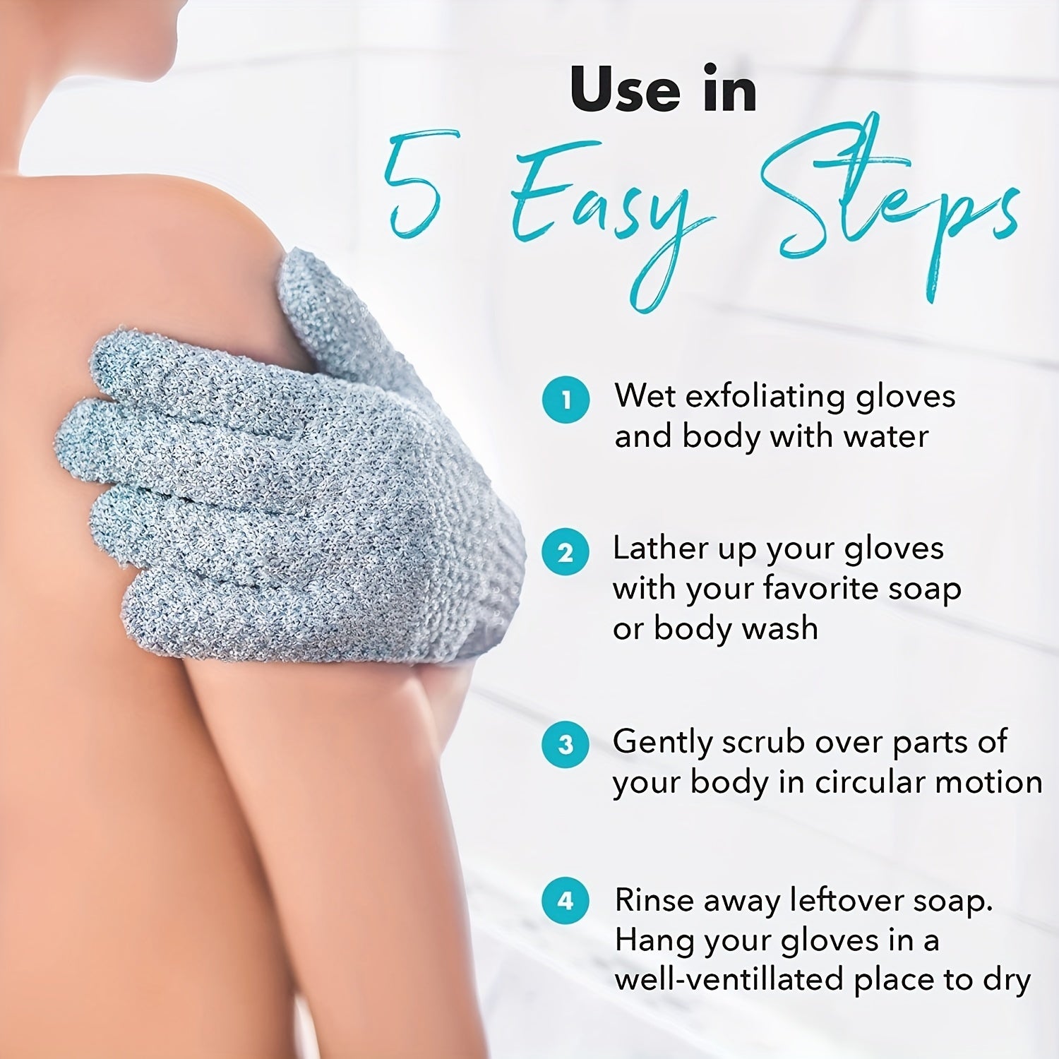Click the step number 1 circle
[566, 400]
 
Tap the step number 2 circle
[566, 552]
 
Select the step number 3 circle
[566, 745]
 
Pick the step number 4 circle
[566, 901]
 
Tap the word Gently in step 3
[662, 743]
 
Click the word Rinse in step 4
[652, 900]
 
